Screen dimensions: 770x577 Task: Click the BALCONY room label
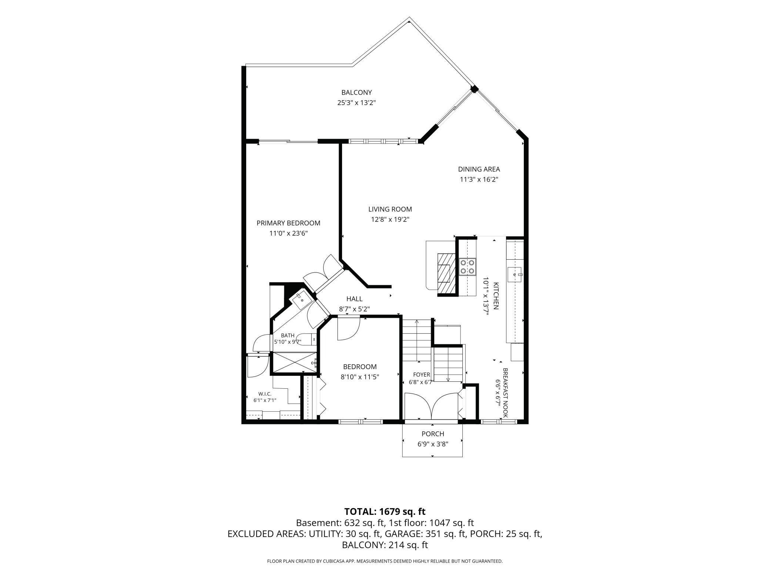click(x=356, y=92)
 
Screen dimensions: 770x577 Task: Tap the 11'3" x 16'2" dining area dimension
click(x=479, y=179)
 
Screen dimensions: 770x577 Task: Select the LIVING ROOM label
click(x=390, y=209)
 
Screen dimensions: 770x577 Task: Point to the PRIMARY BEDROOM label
click(x=288, y=223)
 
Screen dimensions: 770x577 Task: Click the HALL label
click(x=354, y=299)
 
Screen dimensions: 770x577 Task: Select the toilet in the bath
click(x=307, y=339)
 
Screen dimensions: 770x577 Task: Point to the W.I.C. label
click(x=265, y=394)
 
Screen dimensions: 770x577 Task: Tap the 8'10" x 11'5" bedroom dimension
click(x=360, y=377)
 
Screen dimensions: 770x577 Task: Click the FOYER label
click(x=421, y=375)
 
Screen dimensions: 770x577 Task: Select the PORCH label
click(x=433, y=434)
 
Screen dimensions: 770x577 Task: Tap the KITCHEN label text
click(x=496, y=296)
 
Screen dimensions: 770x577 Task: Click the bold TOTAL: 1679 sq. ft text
click(x=385, y=512)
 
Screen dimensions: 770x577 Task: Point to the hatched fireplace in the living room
click(x=446, y=273)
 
